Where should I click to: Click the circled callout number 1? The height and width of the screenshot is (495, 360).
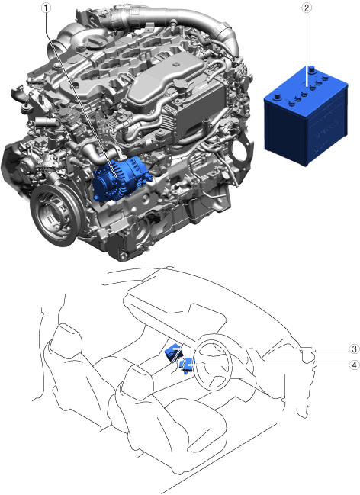point(46,8)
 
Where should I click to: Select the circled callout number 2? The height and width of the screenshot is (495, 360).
point(307,8)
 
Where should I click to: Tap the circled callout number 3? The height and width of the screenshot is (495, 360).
point(355,349)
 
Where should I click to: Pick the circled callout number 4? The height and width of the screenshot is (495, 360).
point(355,365)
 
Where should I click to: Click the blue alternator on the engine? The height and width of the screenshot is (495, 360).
point(121,178)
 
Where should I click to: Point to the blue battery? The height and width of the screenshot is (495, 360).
point(306,116)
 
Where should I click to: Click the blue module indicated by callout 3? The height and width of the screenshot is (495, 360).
point(172,352)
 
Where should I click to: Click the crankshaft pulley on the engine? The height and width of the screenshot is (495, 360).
point(56,214)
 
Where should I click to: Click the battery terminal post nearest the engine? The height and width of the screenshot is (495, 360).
point(277,96)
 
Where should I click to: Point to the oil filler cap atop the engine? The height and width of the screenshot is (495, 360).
point(94,42)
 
